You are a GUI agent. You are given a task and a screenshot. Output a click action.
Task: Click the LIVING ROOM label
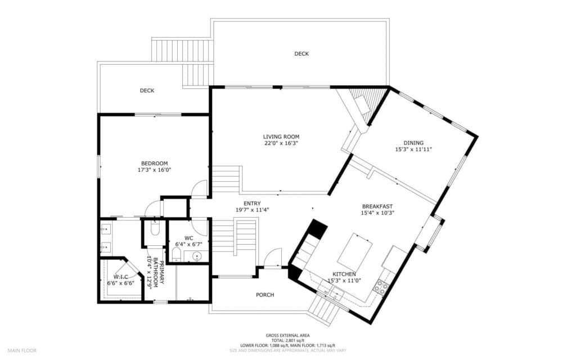coord(281,137)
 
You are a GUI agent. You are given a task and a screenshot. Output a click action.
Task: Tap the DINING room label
coord(413,143)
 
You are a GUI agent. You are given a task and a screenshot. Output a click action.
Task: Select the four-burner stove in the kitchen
coord(381,287)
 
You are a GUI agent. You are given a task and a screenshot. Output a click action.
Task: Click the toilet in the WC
coord(176,256)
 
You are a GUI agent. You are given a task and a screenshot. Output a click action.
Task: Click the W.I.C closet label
coord(121,277)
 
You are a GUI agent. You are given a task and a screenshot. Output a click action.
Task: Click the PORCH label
coord(265,295)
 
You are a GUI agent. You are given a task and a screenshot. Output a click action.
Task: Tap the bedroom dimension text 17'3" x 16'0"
coord(154,170)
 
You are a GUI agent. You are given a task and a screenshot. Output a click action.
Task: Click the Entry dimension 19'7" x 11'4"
coord(252,210)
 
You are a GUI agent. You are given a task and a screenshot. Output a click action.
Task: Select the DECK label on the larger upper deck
coord(301,54)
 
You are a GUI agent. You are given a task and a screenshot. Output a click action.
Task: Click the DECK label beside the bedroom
coord(147,91)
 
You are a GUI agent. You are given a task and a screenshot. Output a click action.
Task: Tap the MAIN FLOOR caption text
coord(22,350)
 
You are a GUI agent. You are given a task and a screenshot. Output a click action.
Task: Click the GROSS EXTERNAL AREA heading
coord(287,335)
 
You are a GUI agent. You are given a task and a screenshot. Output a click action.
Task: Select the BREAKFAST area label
coord(377,206)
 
